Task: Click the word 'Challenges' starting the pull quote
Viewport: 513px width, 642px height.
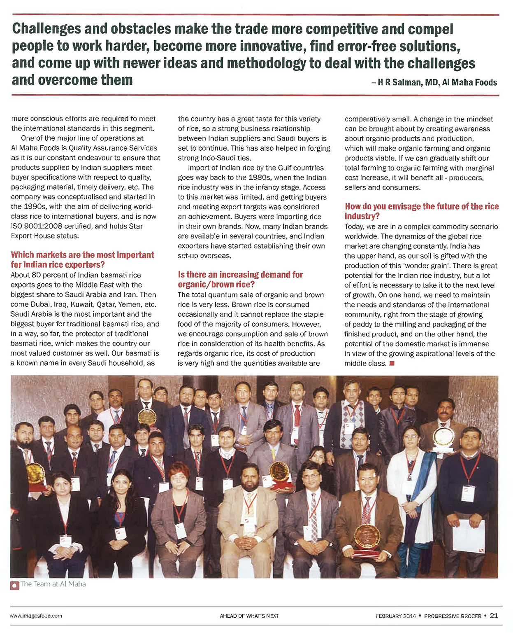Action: [x=46, y=29]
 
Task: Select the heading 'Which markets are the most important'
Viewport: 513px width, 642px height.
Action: [x=82, y=255]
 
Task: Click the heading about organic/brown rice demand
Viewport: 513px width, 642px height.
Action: [x=240, y=279]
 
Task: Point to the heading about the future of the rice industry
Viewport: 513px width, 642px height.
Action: [x=421, y=211]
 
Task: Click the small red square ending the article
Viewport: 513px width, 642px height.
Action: [x=392, y=363]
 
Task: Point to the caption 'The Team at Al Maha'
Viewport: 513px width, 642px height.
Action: [x=53, y=584]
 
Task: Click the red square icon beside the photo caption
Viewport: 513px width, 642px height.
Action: [x=15, y=585]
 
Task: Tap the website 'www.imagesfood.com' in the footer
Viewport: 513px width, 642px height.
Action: [x=36, y=616]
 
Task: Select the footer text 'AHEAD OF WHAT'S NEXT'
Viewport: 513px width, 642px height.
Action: [x=249, y=616]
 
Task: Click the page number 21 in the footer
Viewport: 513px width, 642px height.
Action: [x=494, y=616]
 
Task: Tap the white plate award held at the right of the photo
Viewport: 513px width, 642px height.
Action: [x=443, y=437]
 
